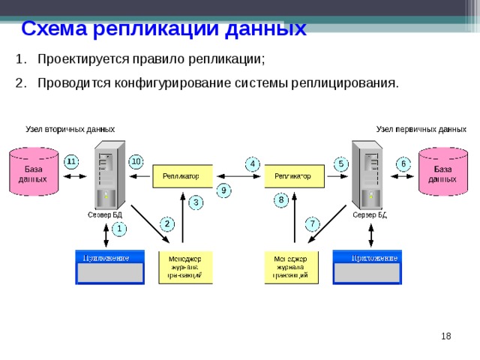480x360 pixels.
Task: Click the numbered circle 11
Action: tap(71, 161)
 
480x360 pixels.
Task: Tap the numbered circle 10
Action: tap(136, 161)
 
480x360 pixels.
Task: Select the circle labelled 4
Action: tap(253, 163)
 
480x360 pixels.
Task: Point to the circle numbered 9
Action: tap(223, 190)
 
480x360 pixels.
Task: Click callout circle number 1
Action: tap(119, 228)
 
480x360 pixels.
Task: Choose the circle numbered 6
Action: tap(403, 163)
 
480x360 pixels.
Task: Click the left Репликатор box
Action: tap(182, 176)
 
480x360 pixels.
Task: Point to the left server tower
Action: tap(106, 175)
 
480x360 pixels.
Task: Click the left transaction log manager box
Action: tap(184, 267)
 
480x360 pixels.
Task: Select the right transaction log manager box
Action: tap(291, 267)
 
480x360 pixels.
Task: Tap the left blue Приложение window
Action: tap(109, 267)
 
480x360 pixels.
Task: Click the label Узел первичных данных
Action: tap(421, 129)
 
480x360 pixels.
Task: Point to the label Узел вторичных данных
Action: tap(70, 129)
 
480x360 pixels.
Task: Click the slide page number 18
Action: tap(445, 337)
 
